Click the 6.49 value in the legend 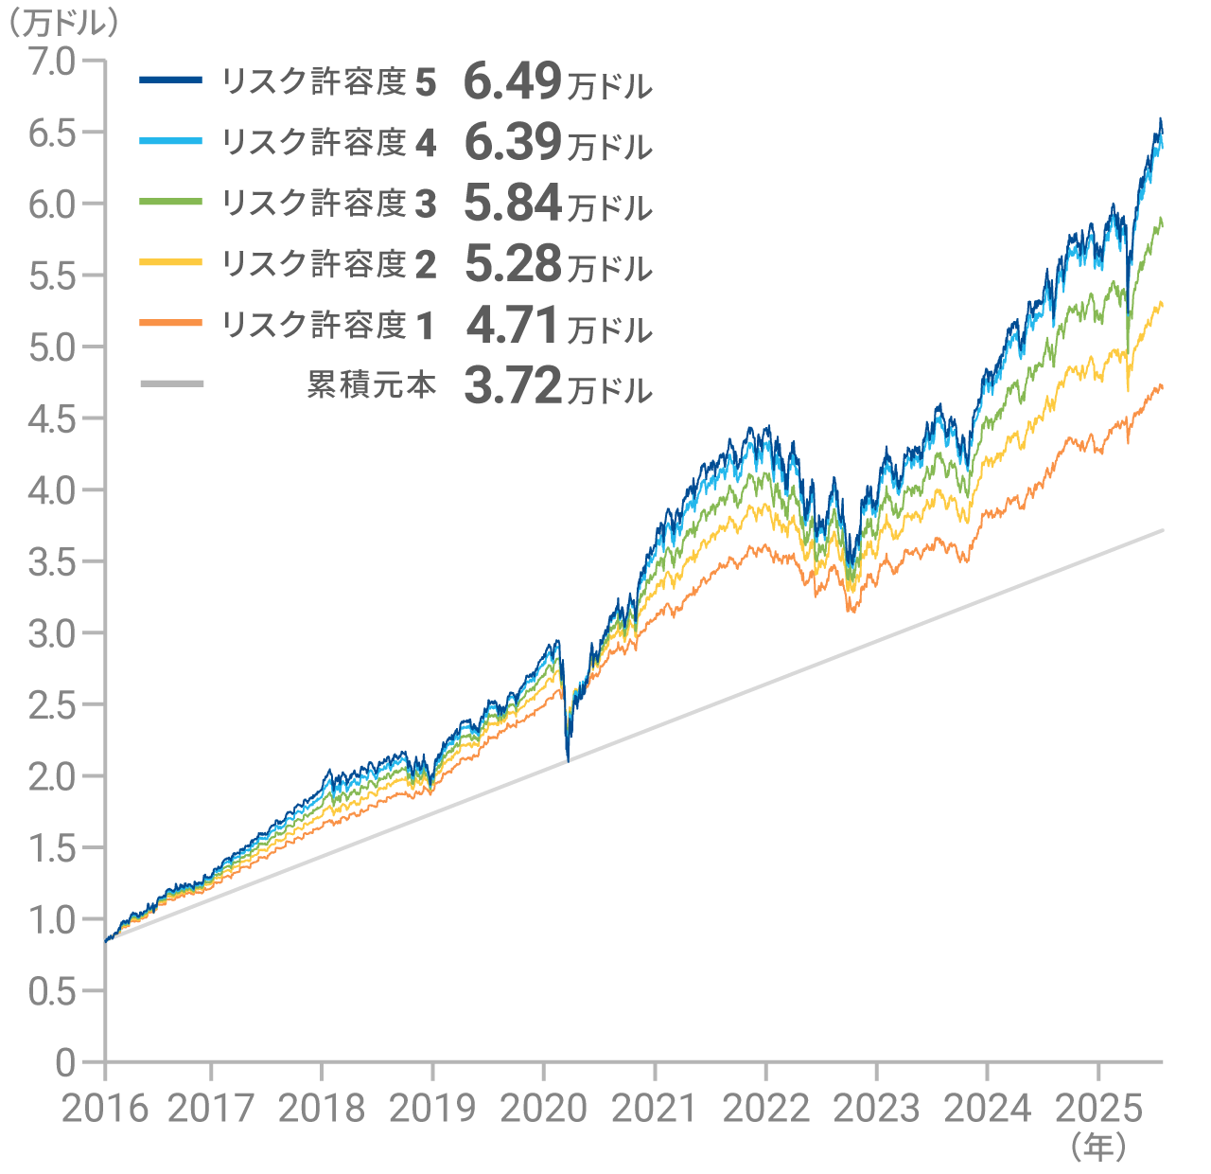(513, 81)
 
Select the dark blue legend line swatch (171, 80)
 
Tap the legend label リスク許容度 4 (328, 142)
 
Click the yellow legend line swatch (171, 261)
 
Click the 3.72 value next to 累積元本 (513, 386)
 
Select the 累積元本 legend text (371, 384)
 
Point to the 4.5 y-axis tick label (51, 418)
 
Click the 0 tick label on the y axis (64, 1062)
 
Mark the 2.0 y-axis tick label (51, 776)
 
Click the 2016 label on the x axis (105, 1108)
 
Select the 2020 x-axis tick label (543, 1108)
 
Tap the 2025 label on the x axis (1098, 1108)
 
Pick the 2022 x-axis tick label (765, 1108)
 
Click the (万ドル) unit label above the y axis (61, 23)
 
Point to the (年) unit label (1098, 1147)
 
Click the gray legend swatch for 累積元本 (171, 383)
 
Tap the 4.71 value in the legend (513, 326)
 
